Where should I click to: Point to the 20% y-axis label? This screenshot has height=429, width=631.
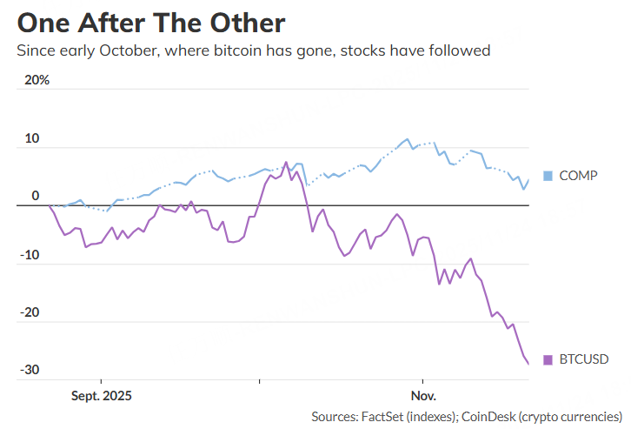click(x=37, y=80)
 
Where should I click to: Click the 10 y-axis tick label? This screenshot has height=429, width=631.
click(x=32, y=138)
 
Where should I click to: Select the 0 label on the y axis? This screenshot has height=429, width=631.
click(x=36, y=196)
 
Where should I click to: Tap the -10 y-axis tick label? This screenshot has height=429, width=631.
click(x=30, y=254)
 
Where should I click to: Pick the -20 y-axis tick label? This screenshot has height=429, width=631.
click(x=30, y=312)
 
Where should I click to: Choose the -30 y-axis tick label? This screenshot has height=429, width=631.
click(x=30, y=370)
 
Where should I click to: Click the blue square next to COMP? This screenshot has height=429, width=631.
click(x=548, y=176)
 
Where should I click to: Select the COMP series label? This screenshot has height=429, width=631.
click(x=578, y=176)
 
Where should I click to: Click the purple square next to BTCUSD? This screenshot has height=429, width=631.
click(x=548, y=359)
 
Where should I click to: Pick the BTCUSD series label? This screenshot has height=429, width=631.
click(x=583, y=359)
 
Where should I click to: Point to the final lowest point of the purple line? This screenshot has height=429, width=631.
click(x=528, y=364)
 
